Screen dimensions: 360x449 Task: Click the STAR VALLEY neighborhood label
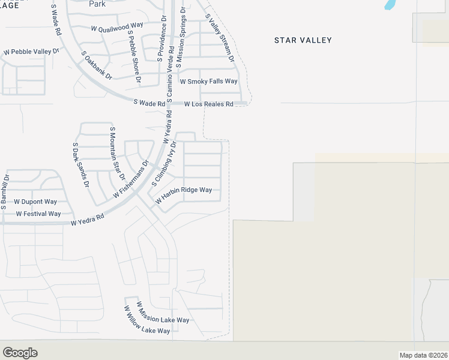click(303, 40)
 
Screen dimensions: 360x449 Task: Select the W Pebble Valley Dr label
click(31, 52)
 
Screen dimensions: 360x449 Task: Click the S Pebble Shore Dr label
click(133, 57)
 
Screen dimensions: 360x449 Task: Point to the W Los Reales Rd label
click(208, 104)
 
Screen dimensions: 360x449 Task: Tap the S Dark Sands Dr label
click(80, 164)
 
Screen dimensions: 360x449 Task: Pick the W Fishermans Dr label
click(131, 179)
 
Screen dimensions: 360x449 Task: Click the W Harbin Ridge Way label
click(184, 194)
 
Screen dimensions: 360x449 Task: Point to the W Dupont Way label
click(35, 202)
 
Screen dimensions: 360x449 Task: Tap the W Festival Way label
click(38, 214)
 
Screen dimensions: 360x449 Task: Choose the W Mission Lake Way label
click(162, 312)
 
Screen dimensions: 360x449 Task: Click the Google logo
click(20, 352)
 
